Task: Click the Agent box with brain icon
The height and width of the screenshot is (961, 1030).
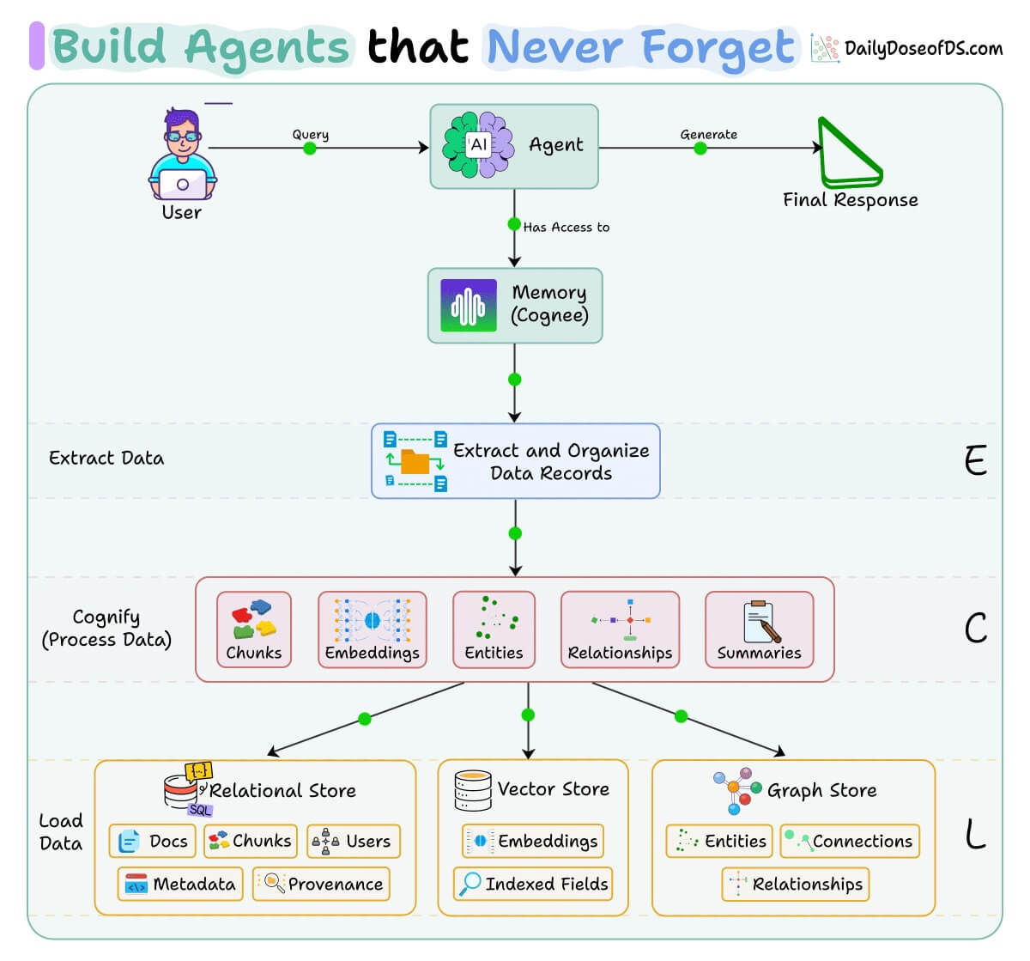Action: (513, 146)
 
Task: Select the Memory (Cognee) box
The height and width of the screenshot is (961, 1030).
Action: (515, 306)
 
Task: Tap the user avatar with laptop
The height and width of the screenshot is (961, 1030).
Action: (182, 155)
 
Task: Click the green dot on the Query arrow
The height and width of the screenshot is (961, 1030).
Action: (310, 149)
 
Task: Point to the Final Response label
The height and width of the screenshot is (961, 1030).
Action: (850, 200)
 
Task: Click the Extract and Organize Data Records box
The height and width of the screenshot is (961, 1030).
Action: (515, 461)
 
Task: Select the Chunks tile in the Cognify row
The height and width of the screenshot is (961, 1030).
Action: (254, 630)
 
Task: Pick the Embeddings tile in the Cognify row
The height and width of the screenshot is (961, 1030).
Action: (372, 630)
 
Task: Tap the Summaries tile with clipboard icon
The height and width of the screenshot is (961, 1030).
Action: (759, 630)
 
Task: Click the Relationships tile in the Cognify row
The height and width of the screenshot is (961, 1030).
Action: (620, 630)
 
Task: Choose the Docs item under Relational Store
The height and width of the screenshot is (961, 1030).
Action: (153, 841)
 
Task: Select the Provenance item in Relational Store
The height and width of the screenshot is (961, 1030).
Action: (322, 884)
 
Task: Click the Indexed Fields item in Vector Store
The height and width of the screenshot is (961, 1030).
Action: (533, 884)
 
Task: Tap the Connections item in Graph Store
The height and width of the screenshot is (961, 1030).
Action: (850, 841)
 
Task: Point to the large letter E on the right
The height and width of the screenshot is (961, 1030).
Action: (975, 461)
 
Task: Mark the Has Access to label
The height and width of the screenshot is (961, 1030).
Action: (566, 228)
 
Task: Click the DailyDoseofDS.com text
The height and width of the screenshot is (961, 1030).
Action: (923, 48)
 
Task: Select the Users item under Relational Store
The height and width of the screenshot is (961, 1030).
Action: (354, 841)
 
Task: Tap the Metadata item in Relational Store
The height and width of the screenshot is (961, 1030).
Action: (181, 884)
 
